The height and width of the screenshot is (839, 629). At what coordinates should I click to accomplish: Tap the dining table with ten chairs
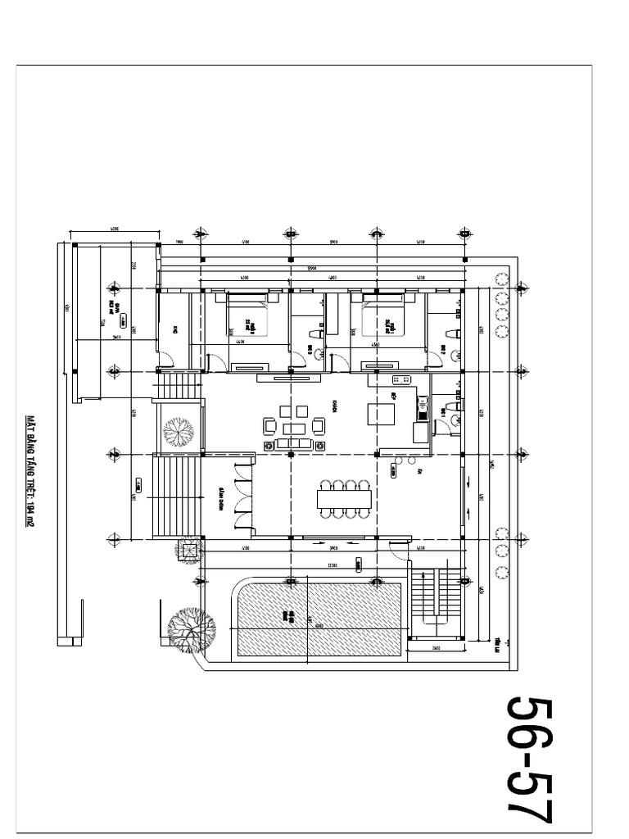pyautogui.click(x=343, y=498)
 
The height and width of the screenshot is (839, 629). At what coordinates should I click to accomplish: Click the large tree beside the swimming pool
pyautogui.click(x=190, y=629)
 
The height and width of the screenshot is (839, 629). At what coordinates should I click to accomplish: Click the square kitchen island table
pyautogui.click(x=380, y=415)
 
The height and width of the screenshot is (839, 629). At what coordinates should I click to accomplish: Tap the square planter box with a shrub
pyautogui.click(x=188, y=551)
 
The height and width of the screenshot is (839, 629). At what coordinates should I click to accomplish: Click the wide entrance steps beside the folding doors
pyautogui.click(x=176, y=496)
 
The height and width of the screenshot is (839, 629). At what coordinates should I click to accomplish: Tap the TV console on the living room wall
pyautogui.click(x=288, y=378)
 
